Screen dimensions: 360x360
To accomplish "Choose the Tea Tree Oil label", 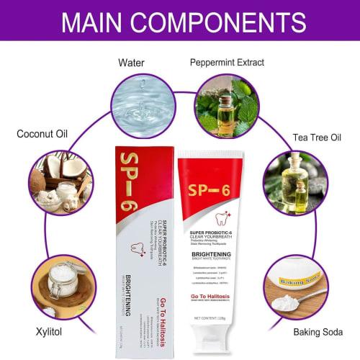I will pos(317,137).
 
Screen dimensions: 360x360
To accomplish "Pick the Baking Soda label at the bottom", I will pos(318,333).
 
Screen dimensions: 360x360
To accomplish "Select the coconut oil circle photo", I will pos(61,181).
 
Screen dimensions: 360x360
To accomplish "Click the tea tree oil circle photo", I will pos(295,181).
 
